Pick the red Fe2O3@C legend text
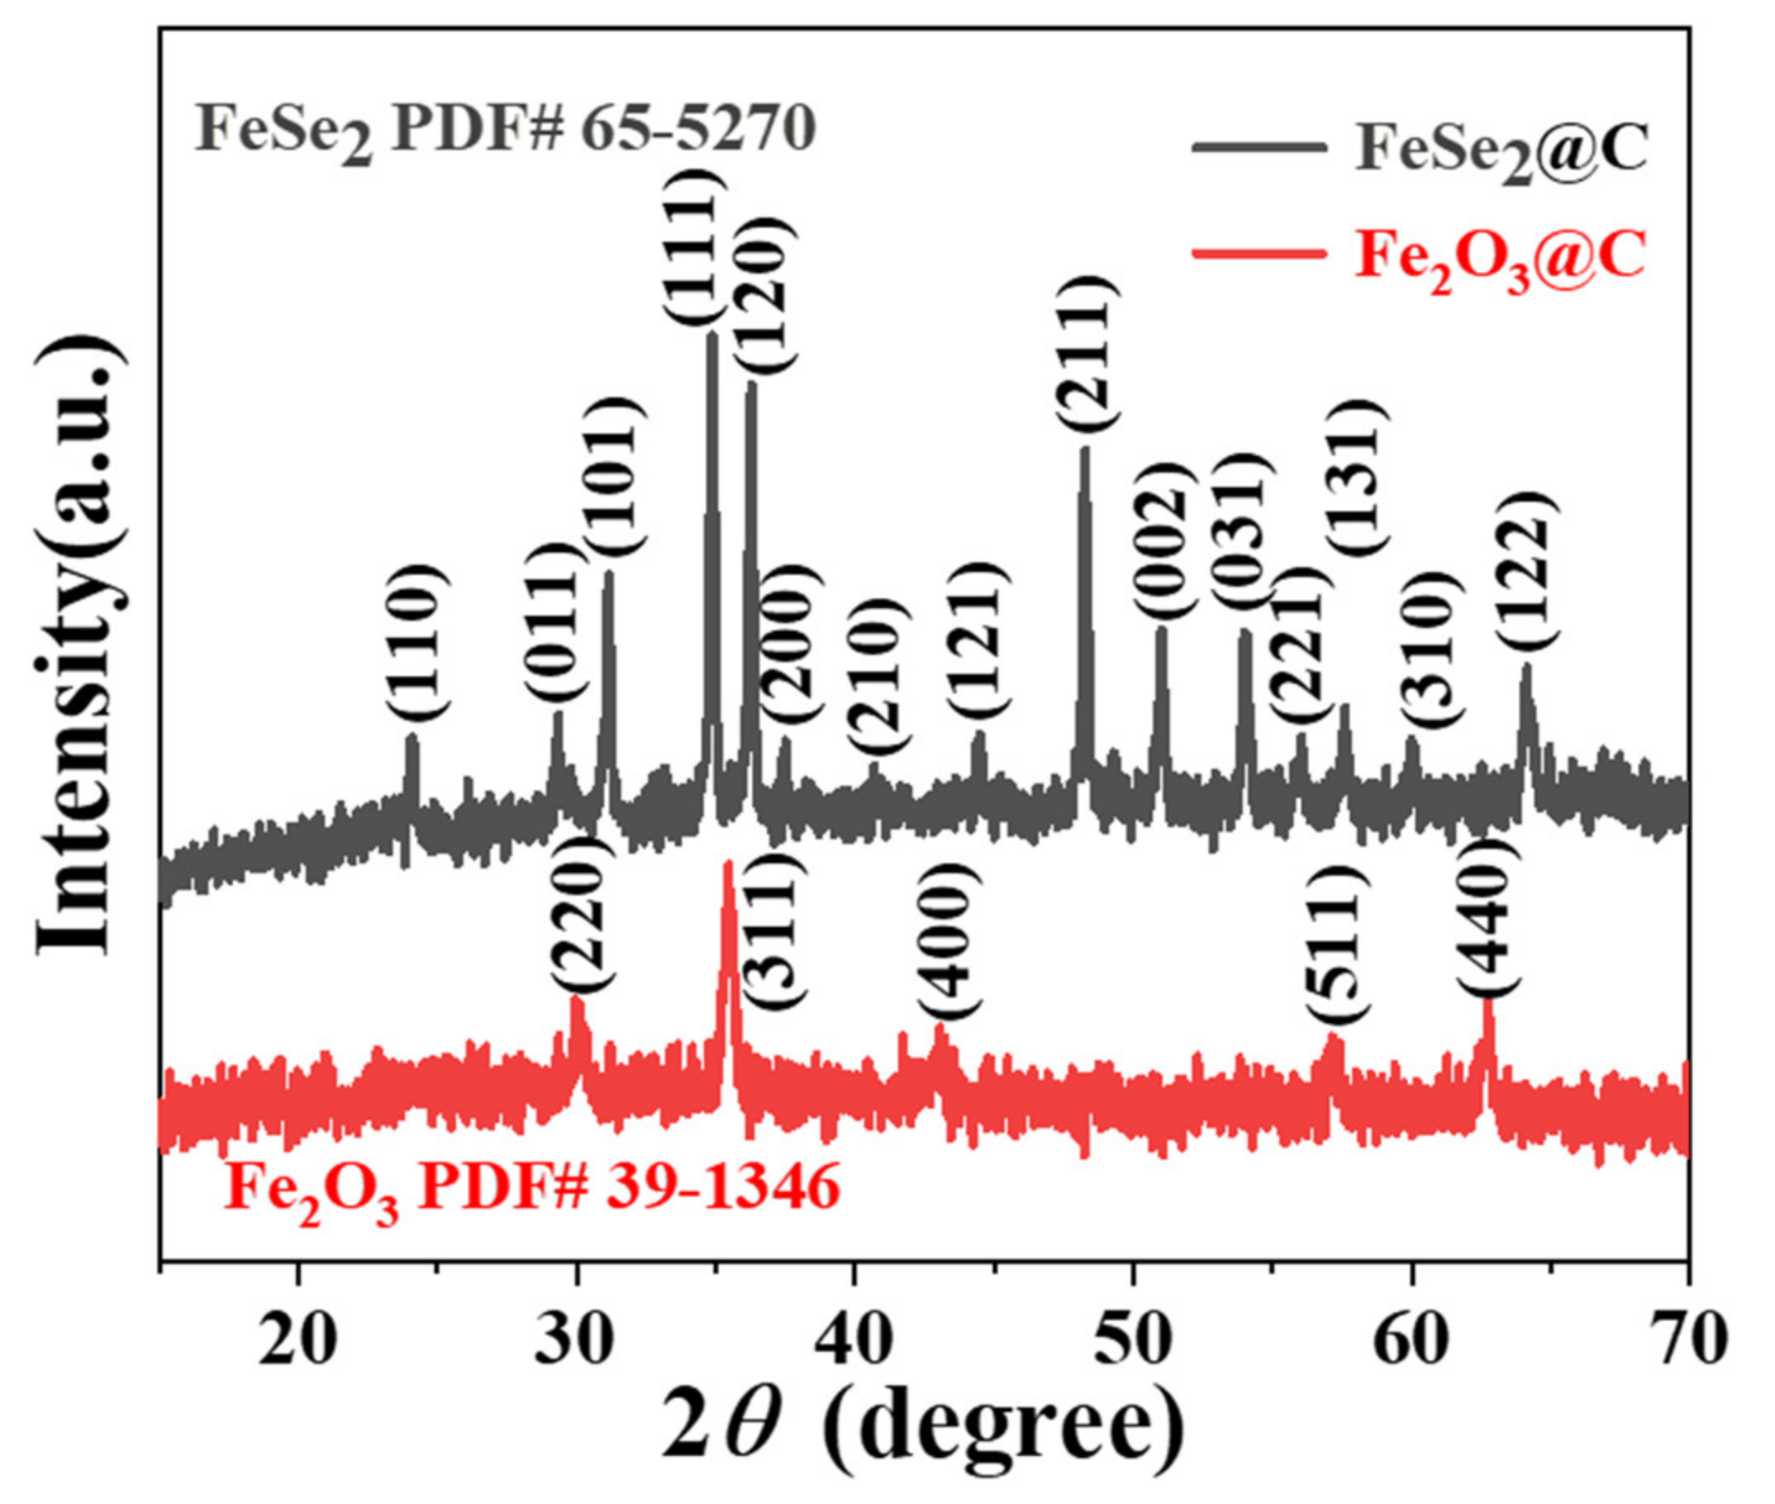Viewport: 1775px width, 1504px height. [x=1501, y=260]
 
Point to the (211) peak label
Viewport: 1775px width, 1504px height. [x=1085, y=353]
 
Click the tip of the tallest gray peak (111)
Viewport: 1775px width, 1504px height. [x=711, y=334]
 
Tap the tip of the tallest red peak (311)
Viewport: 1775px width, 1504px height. [x=728, y=864]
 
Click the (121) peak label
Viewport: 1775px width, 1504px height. [x=979, y=640]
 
